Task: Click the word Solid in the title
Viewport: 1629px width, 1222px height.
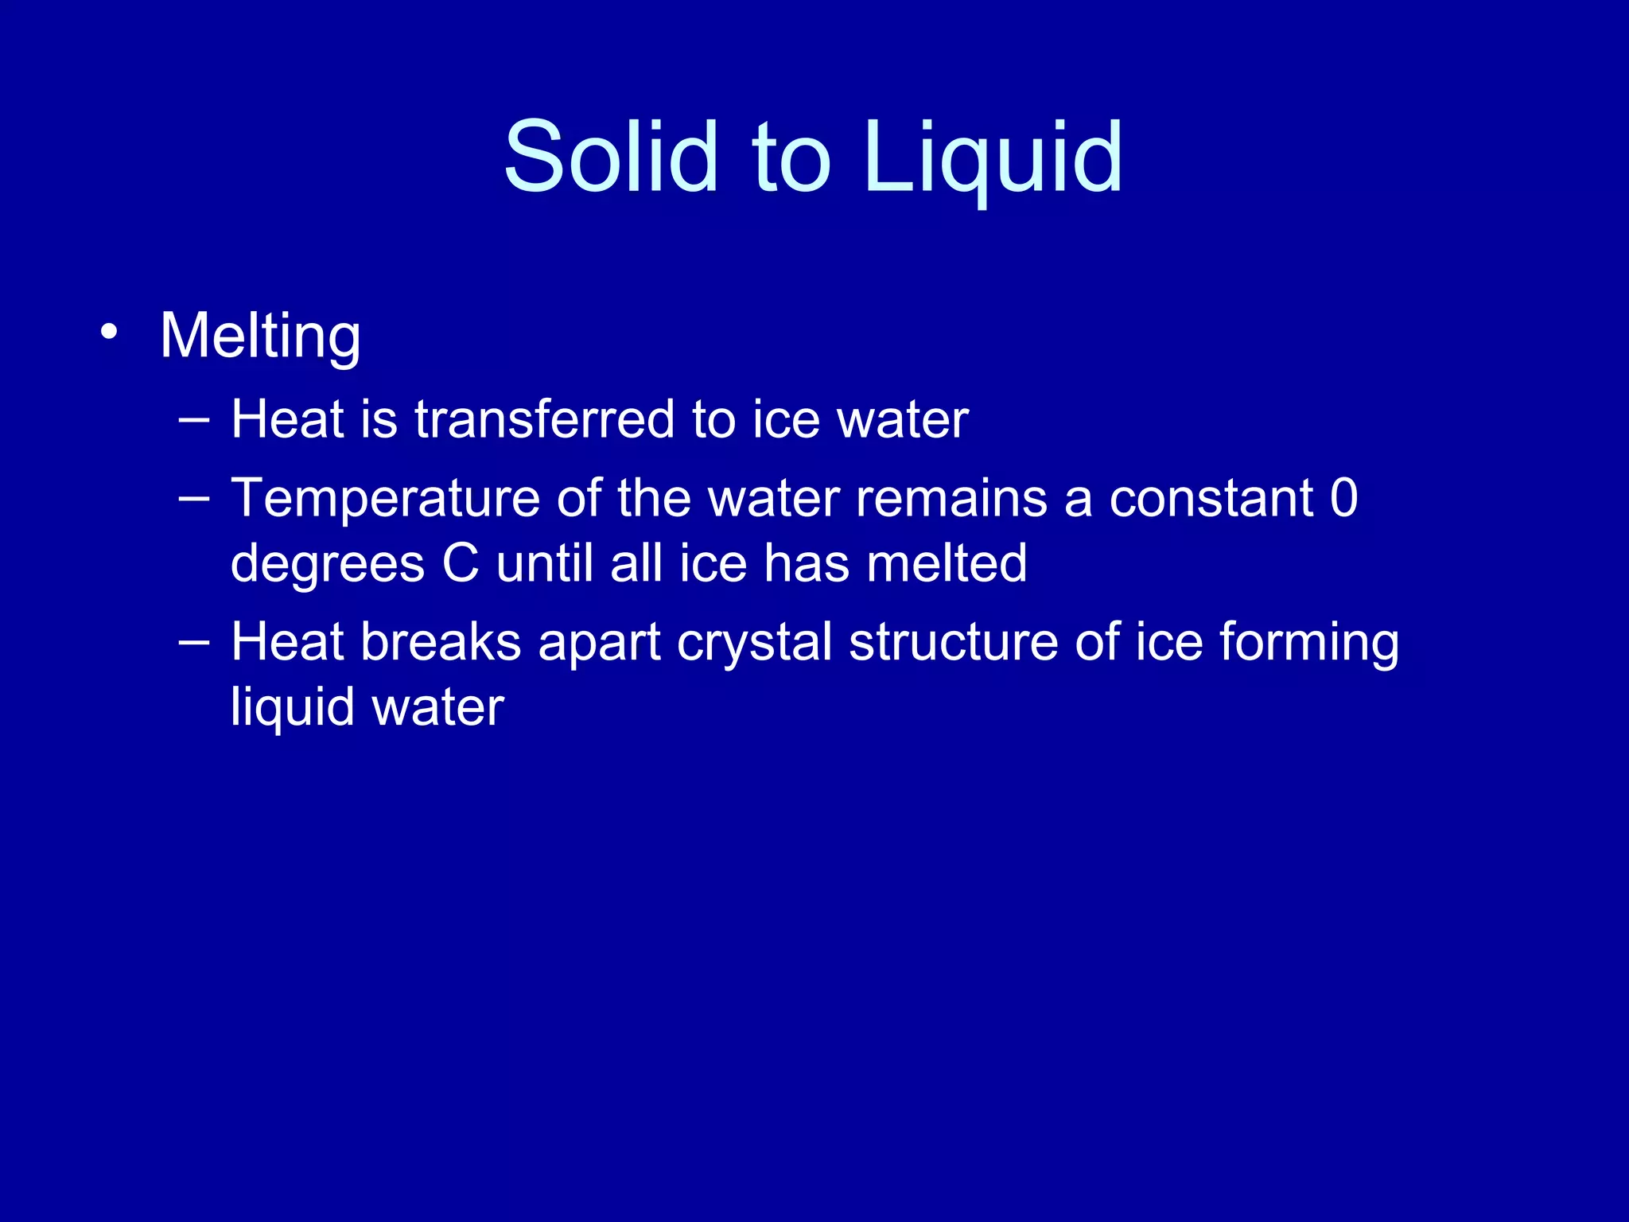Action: [611, 156]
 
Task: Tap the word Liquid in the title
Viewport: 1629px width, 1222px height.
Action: [993, 158]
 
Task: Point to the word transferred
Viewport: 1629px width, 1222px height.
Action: [544, 419]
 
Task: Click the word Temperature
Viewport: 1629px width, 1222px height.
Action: [385, 500]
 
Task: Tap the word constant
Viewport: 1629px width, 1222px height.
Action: [1211, 500]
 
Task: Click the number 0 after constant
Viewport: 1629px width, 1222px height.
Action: [1343, 500]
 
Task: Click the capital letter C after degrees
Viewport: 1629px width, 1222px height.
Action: [461, 564]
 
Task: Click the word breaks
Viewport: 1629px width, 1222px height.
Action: [441, 642]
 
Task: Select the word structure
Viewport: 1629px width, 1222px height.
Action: [953, 642]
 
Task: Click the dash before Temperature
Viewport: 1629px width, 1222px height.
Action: [194, 500]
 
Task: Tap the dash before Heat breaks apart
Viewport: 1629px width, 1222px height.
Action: [194, 642]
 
